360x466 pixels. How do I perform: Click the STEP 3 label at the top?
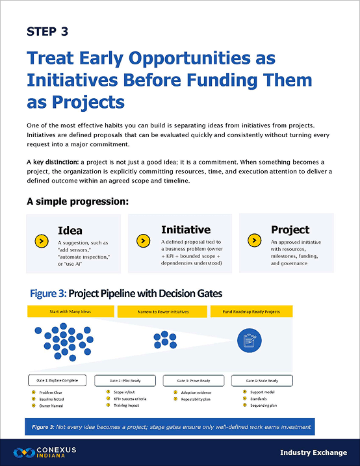47,31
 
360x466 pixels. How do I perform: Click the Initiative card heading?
186,229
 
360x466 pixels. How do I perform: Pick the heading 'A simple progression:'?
77,201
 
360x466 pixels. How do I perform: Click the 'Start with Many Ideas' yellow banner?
70,312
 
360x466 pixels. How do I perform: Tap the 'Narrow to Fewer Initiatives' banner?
162,312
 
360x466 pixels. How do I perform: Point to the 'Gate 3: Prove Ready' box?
193,380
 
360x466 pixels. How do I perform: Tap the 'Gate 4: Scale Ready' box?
260,380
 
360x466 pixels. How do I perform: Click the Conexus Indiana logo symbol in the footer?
25,452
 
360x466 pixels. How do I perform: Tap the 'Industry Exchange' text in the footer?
313,452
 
